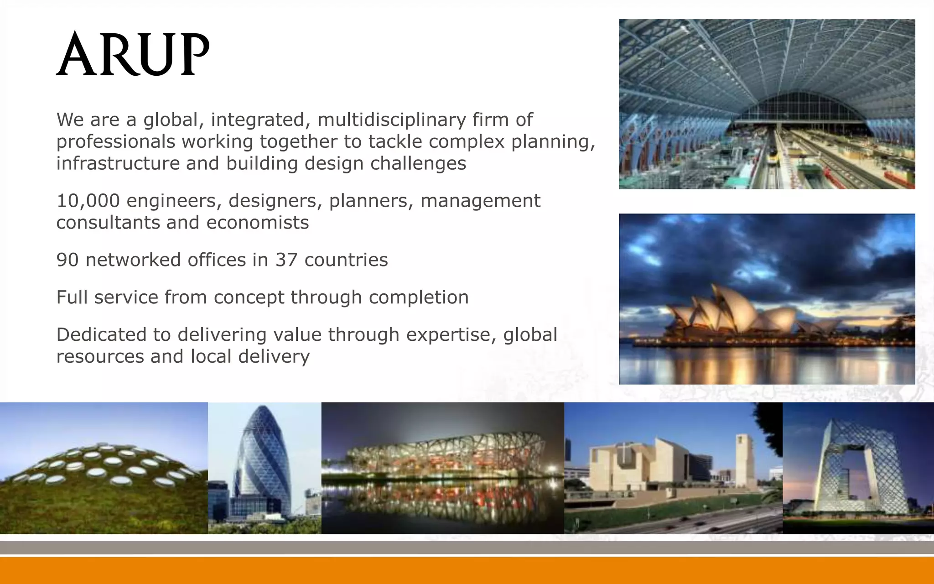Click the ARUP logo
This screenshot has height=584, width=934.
pyautogui.click(x=133, y=54)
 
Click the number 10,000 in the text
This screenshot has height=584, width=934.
pyautogui.click(x=88, y=201)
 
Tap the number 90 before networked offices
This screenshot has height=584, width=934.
pyautogui.click(x=67, y=260)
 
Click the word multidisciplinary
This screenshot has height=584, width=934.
pyautogui.click(x=391, y=120)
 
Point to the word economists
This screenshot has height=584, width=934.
pyautogui.click(x=257, y=223)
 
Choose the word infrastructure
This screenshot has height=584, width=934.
pyautogui.click(x=118, y=163)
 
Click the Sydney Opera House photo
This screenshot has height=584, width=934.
pyautogui.click(x=767, y=299)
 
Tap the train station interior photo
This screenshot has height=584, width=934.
pyautogui.click(x=767, y=104)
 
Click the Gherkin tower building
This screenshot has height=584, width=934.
pyautogui.click(x=263, y=461)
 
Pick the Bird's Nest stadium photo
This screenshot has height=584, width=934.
pyautogui.click(x=442, y=468)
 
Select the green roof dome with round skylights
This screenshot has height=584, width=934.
pyautogui.click(x=104, y=470)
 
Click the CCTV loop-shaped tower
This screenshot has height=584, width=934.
pyautogui.click(x=857, y=468)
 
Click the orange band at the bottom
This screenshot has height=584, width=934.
pyautogui.click(x=467, y=571)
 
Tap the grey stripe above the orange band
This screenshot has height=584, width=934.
pyautogui.click(x=467, y=547)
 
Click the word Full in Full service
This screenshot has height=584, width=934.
pyautogui.click(x=72, y=297)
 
